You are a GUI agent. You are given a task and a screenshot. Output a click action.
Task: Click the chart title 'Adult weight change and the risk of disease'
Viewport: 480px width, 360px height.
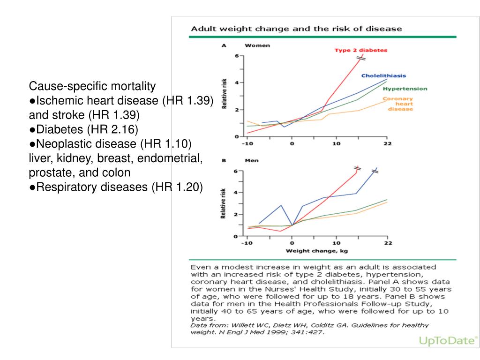point(296,29)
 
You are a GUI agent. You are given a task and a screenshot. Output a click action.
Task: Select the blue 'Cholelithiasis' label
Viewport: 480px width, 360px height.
point(383,75)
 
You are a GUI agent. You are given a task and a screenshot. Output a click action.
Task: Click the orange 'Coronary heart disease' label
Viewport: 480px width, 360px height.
point(397,104)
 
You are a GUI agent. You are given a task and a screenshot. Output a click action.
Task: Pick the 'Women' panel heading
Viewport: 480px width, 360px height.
point(257,45)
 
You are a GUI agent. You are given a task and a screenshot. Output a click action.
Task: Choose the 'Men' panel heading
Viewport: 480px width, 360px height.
point(252,160)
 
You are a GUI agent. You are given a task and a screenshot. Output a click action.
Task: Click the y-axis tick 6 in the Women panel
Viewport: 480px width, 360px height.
point(236,56)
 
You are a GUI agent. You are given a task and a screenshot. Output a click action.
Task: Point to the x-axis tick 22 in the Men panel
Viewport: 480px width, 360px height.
point(388,243)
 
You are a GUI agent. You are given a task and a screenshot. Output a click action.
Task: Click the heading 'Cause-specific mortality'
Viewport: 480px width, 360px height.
point(92,86)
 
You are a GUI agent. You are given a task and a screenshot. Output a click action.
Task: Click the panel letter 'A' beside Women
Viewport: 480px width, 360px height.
point(224,45)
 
